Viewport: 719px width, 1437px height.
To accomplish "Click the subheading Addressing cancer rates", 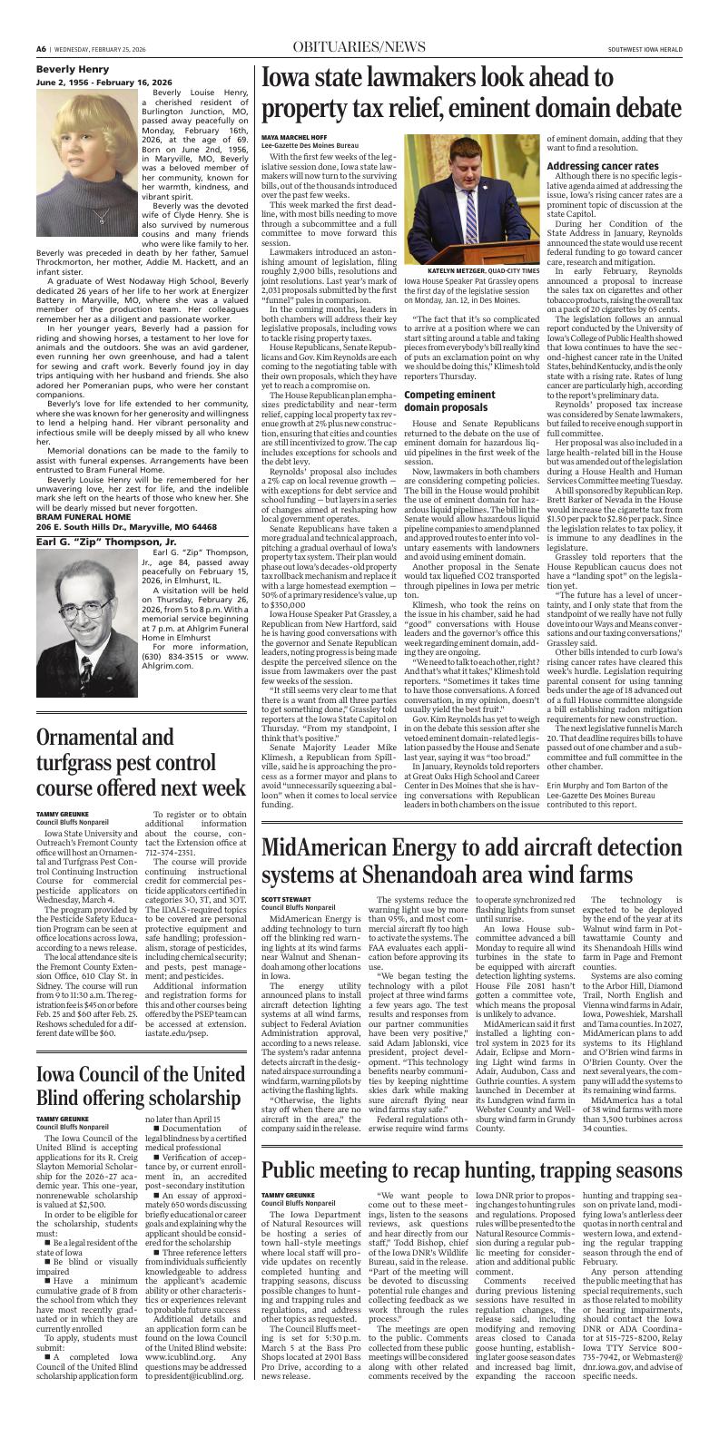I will pos(602,166).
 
